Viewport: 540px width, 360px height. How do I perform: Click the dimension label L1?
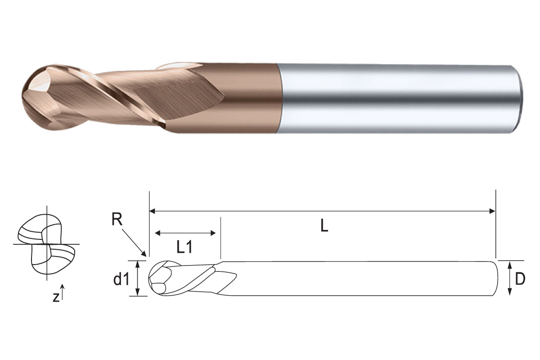click(184, 247)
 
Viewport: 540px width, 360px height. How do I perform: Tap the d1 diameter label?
click(121, 279)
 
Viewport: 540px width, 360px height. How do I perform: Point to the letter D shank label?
click(520, 279)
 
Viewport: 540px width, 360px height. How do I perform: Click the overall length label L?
click(324, 226)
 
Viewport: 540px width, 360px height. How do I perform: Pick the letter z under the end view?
click(56, 297)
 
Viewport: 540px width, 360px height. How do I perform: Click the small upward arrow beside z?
click(63, 292)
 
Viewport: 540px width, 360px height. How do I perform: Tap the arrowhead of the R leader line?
click(144, 254)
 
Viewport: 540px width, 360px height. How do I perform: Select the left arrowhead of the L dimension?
click(153, 211)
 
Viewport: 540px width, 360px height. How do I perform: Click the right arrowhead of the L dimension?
click(492, 211)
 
